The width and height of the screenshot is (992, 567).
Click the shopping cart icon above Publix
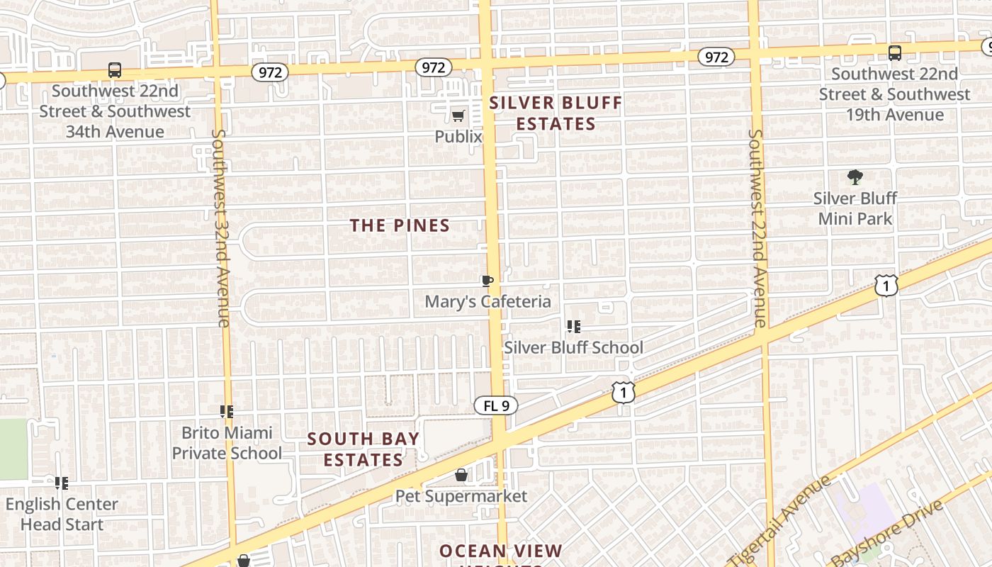(458, 116)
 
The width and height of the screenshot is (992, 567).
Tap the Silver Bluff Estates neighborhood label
(556, 113)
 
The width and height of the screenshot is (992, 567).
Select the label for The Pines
(400, 225)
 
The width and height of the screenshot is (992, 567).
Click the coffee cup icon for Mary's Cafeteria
(487, 281)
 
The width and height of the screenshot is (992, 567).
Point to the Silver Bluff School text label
(573, 347)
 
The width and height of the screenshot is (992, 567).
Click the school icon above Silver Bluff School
(574, 327)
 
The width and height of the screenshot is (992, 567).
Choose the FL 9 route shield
(496, 406)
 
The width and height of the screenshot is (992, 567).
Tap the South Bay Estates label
(363, 449)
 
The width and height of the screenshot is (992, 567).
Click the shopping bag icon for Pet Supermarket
(461, 475)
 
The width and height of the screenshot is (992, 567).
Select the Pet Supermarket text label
(461, 496)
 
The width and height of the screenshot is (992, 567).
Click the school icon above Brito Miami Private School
(227, 411)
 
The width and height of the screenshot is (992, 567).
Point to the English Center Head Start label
(62, 514)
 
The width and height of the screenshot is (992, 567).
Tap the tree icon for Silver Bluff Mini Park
(855, 177)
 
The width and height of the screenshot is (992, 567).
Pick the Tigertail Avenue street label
(780, 521)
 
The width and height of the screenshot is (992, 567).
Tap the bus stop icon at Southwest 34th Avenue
(115, 70)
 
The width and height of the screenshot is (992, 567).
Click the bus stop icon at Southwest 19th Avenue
(895, 52)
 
